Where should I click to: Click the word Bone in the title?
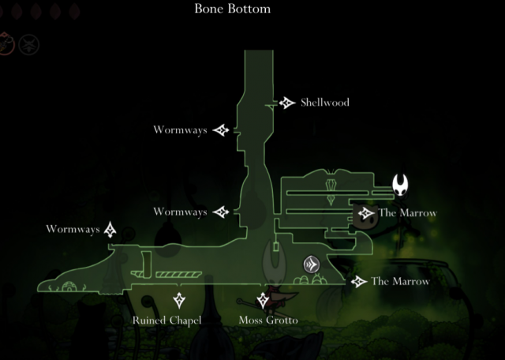point(210,9)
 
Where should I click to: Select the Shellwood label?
point(324,103)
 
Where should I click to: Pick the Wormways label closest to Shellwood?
point(181,129)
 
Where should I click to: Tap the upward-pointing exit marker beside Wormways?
point(110,230)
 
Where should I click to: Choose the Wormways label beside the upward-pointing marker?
point(73,230)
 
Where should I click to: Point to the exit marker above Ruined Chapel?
point(179,300)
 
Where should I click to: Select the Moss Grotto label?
point(268,321)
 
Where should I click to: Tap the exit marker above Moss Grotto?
point(263,300)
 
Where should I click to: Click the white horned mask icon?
point(402,186)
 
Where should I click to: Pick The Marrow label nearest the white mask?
point(406,212)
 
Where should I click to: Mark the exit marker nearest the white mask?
point(365,213)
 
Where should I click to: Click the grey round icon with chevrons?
point(312,264)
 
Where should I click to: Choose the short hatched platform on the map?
point(138,275)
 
